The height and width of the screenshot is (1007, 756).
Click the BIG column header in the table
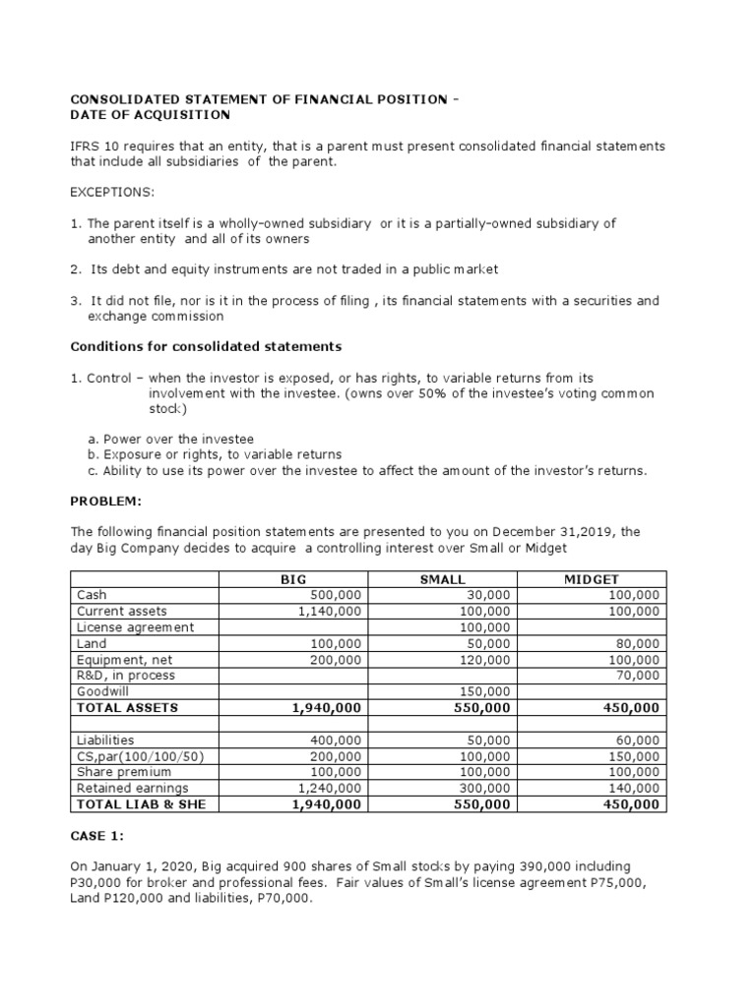coord(293,580)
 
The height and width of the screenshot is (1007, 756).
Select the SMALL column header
coord(442,580)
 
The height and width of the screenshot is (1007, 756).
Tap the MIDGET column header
coord(591,580)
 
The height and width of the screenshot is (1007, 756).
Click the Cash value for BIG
coord(336,595)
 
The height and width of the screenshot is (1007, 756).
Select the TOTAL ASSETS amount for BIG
coord(326,707)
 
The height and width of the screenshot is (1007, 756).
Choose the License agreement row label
coord(135,627)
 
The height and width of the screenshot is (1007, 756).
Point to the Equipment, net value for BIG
coord(336,660)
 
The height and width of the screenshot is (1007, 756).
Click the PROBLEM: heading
coord(106,502)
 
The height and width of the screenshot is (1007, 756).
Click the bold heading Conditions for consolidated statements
coord(206,346)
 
